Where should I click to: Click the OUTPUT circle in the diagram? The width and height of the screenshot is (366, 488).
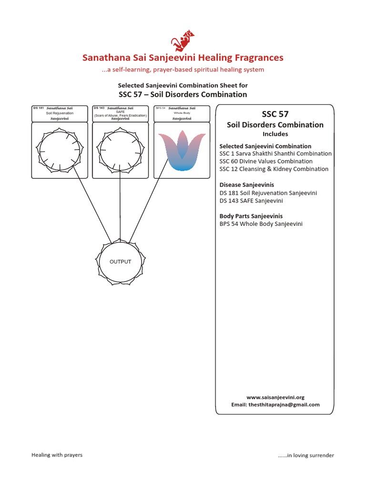click(120, 262)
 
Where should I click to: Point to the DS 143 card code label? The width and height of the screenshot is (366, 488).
click(99, 108)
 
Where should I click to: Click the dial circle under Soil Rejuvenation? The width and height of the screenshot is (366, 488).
click(59, 150)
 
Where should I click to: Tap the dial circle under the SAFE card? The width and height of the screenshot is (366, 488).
click(120, 150)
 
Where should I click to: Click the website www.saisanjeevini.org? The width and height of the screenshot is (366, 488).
click(275, 397)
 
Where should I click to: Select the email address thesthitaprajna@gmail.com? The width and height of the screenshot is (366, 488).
click(275, 405)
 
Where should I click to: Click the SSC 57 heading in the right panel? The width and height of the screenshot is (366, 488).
click(275, 114)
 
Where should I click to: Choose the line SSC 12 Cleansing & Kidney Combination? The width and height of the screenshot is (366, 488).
click(274, 169)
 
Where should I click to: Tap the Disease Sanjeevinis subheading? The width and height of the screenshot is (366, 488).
click(246, 185)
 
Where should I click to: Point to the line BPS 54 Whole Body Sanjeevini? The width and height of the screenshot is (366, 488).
click(261, 224)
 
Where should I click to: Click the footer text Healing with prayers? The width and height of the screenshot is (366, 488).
click(57, 455)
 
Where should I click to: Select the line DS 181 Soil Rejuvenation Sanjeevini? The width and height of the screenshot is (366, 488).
click(268, 193)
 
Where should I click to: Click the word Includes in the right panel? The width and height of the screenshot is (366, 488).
click(275, 134)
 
